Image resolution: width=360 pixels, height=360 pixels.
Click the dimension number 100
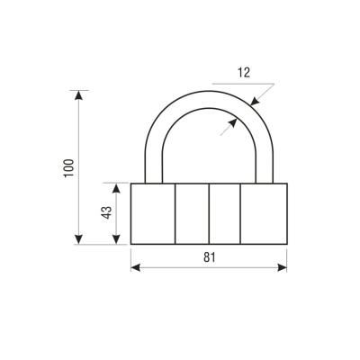click(68, 168)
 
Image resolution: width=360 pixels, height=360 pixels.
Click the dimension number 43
click(107, 212)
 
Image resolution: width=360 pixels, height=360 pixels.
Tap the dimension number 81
click(210, 257)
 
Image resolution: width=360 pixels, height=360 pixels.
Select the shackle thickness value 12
click(244, 73)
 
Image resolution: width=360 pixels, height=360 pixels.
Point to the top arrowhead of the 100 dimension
click(78, 95)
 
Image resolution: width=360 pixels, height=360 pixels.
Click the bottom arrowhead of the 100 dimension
click(78, 239)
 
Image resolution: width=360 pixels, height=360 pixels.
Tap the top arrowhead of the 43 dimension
click(116, 188)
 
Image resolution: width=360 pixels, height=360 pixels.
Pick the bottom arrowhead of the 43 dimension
click(116, 239)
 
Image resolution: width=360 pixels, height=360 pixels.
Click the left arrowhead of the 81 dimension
click(136, 267)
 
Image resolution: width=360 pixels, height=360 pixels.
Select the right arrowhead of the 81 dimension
click(282, 267)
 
